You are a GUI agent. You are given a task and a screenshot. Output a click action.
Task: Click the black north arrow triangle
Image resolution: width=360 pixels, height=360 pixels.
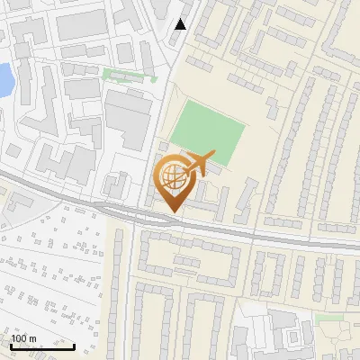(x=181, y=24)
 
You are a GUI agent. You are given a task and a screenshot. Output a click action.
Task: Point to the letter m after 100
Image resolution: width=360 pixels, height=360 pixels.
(x=32, y=338)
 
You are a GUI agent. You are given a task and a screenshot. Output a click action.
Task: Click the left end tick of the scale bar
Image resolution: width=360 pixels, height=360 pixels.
(x=10, y=346)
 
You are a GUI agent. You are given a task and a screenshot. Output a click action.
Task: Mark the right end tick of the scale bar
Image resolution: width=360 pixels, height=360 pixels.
(x=75, y=346)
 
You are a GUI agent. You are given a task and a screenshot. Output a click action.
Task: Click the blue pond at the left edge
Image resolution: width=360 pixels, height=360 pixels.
(x=4, y=79)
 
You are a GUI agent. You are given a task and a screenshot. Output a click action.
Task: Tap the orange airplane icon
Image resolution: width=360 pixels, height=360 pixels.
(x=196, y=164)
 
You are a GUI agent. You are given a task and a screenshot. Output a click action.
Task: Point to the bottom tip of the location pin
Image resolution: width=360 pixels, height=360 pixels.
(x=172, y=212)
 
